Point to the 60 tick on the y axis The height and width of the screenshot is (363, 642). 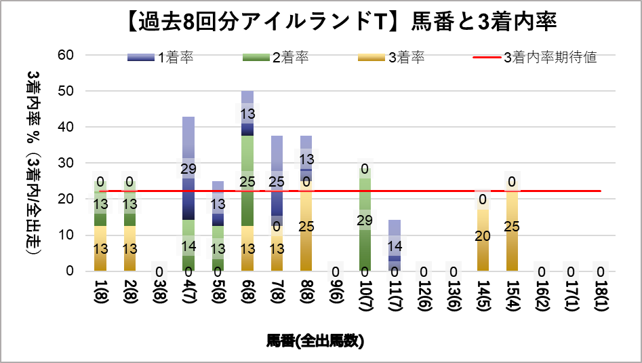(66, 55)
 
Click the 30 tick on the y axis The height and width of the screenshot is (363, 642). (66, 163)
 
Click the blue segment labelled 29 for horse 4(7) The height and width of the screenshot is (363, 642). (188, 168)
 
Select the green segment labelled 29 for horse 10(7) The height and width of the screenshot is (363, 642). (365, 220)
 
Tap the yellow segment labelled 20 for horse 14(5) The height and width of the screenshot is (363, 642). (483, 235)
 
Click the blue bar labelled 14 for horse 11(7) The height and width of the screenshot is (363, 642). (395, 245)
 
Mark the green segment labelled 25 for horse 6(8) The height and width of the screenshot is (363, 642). (247, 181)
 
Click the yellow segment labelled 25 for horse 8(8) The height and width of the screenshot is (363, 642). (306, 227)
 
